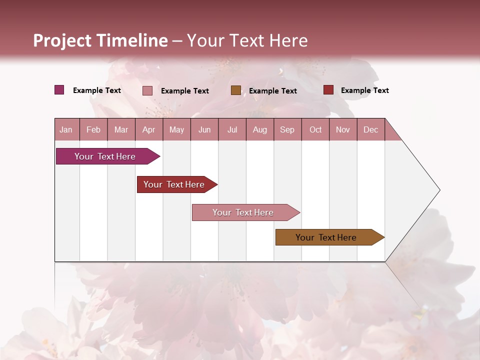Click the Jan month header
(66, 129)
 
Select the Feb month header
(93, 129)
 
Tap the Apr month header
(148, 129)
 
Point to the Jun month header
(204, 129)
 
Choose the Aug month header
(259, 129)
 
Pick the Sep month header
(287, 129)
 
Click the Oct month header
(315, 129)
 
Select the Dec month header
(370, 129)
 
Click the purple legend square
(59, 90)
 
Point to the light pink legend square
(147, 90)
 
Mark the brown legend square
(236, 90)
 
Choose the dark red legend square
(328, 90)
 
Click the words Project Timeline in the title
(100, 40)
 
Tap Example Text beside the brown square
(273, 91)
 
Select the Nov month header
(343, 129)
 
